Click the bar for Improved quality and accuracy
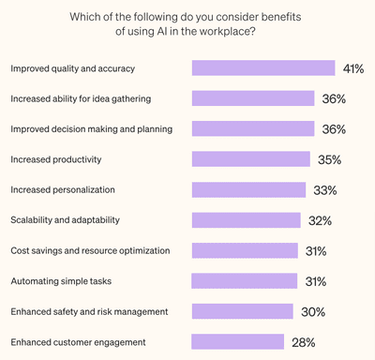tap(263, 67)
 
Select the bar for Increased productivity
tap(250, 159)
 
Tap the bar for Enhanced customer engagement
tap(238, 342)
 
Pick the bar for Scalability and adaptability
tap(246, 220)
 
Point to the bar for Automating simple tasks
tap(244, 281)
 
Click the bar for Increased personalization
tap(248, 189)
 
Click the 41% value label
tap(353, 68)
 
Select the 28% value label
tap(303, 343)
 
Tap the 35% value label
tap(329, 160)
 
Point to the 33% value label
tap(324, 190)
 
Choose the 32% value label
tap(320, 221)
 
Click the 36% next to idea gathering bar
tap(334, 98)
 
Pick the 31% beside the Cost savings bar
tap(315, 251)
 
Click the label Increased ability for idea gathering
tap(80, 98)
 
